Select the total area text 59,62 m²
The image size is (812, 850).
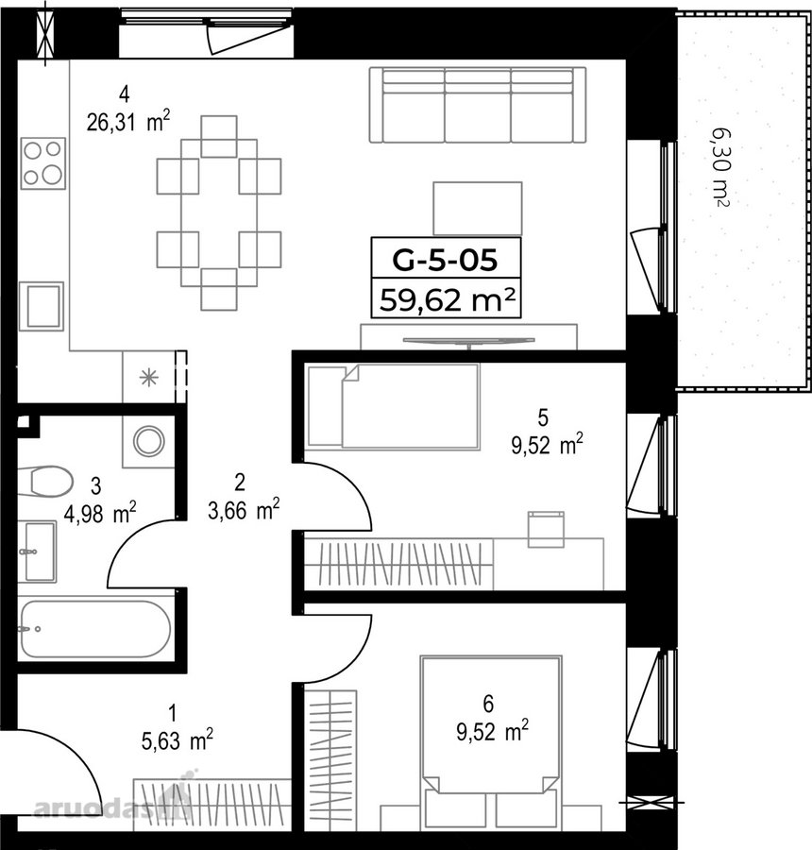(447, 298)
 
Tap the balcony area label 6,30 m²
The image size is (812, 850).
(719, 167)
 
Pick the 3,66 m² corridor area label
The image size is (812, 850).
(244, 510)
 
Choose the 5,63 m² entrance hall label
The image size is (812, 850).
(177, 739)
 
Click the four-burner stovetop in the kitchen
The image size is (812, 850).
(43, 162)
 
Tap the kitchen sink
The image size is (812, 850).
(42, 306)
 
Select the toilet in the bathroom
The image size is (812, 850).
(45, 481)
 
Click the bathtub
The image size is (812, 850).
(95, 629)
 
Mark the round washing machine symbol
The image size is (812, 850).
(149, 441)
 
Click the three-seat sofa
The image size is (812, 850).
(478, 105)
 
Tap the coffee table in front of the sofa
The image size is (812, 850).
(478, 209)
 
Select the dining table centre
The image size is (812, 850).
(219, 212)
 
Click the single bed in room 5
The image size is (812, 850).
(394, 406)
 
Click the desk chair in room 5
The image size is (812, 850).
(547, 529)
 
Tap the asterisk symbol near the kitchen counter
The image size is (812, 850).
(148, 377)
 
